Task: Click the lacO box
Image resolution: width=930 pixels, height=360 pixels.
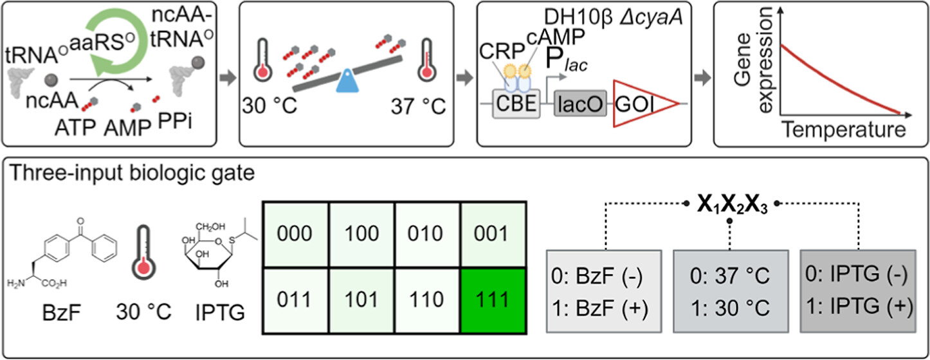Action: click(x=581, y=105)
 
